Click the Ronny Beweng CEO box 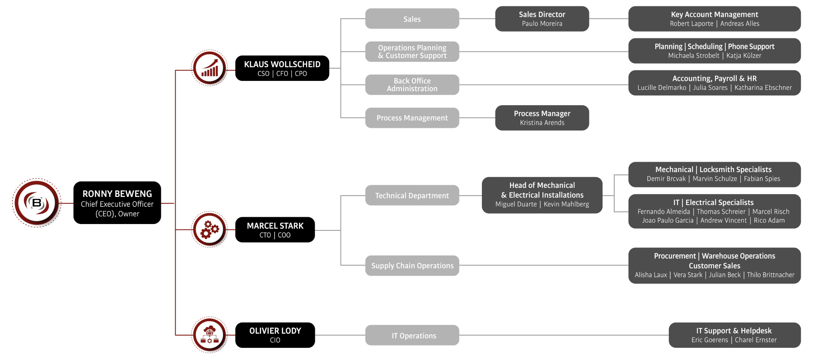[x=117, y=203]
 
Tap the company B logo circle [x=37, y=203]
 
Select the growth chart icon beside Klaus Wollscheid [x=210, y=68]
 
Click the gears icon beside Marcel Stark [x=210, y=229]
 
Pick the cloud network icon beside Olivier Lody [x=210, y=335]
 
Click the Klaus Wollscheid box [x=282, y=68]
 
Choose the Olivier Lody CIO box [x=275, y=335]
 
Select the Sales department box [x=412, y=19]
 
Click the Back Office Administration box [x=412, y=84]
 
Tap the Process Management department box [x=412, y=118]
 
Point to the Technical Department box [x=412, y=196]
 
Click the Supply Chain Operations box [x=412, y=266]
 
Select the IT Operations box [x=412, y=336]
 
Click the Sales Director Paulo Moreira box [x=542, y=19]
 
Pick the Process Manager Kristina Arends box [x=542, y=118]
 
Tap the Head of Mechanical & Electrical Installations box [x=542, y=195]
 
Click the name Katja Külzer [x=743, y=56]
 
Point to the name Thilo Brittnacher [x=771, y=275]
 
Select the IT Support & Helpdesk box [x=734, y=335]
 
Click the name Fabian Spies [x=762, y=179]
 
